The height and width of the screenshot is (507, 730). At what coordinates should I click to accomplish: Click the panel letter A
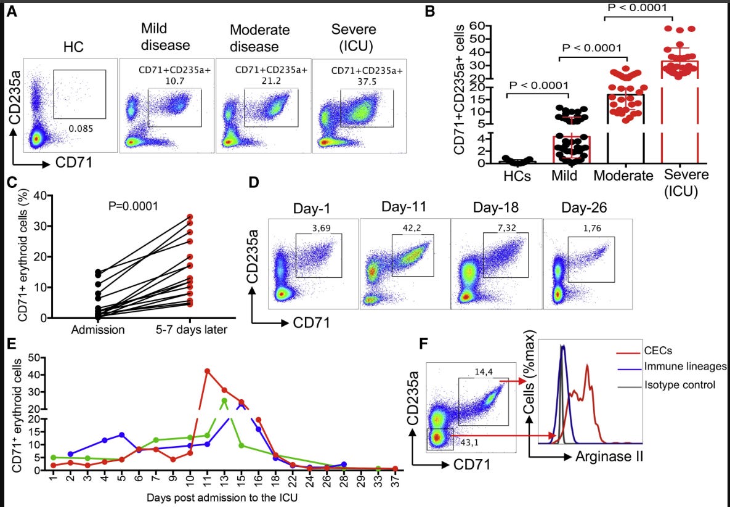coord(12,12)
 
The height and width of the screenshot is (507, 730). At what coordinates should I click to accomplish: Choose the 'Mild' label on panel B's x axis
coord(565,176)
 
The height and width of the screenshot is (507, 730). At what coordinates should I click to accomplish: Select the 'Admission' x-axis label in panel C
coord(98,330)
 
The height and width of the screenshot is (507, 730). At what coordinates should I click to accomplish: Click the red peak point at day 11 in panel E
coord(208,371)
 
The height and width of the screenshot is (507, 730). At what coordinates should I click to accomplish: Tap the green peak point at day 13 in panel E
coord(224,400)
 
